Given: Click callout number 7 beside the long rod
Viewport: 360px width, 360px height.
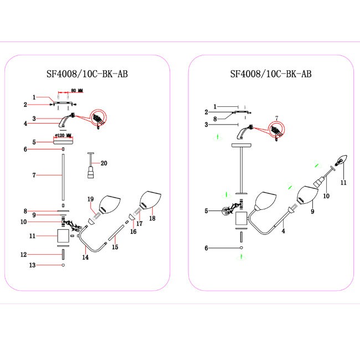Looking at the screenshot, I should (34, 176).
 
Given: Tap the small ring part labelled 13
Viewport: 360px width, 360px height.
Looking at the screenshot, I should (64, 265).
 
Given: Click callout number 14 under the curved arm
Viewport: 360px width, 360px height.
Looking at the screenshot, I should (85, 258).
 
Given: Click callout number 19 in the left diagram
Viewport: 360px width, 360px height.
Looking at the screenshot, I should (91, 199).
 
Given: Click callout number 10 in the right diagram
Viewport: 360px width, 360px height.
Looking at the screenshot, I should (326, 196).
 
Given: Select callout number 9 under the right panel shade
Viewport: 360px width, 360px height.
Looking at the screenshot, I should (311, 211).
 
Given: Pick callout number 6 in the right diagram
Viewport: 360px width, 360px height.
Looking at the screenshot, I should (206, 248).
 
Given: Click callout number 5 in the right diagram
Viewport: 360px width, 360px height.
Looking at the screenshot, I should (206, 211).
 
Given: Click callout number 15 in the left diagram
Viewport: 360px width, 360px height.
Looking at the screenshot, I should (115, 247).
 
